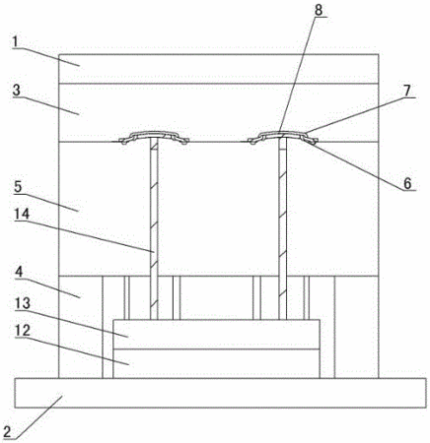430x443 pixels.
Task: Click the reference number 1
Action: tap(16, 42)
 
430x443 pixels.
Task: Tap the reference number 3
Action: tap(17, 91)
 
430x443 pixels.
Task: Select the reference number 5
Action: tap(18, 187)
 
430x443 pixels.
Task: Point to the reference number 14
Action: tap(22, 215)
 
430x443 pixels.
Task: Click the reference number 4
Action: tap(19, 273)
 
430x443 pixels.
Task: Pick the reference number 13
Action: tap(22, 303)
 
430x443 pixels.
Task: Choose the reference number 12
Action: tap(23, 331)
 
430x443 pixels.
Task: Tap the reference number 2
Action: tap(7, 430)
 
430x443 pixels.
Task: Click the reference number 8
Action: tap(319, 11)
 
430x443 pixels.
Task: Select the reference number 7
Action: tap(407, 91)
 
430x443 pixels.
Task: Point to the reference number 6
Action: tap(407, 183)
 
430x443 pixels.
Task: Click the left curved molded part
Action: tap(154, 137)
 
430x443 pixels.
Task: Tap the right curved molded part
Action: tap(283, 136)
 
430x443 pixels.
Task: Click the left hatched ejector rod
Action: tap(154, 228)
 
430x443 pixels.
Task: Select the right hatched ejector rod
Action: tap(283, 228)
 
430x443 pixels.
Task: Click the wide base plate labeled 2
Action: tap(220, 393)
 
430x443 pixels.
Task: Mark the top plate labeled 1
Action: tap(219, 69)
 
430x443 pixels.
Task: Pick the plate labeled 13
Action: tap(216, 334)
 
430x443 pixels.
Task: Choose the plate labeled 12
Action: tap(216, 363)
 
